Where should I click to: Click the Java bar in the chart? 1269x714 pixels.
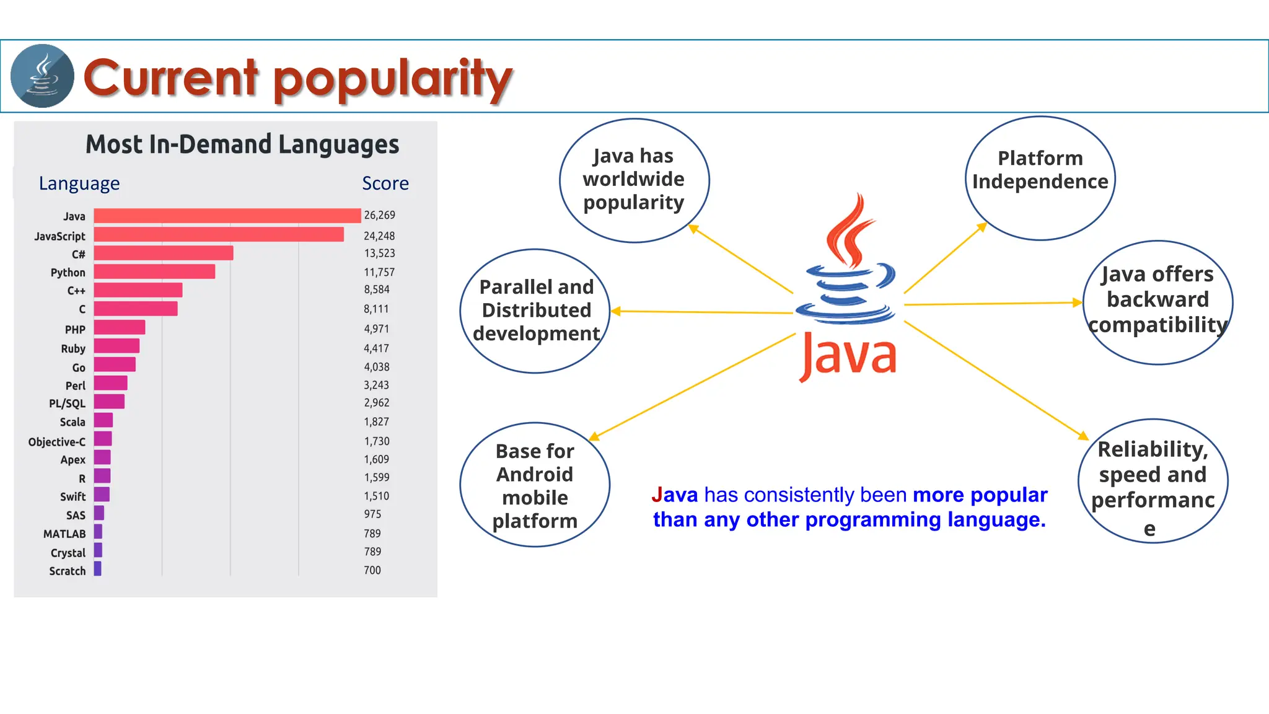point(227,216)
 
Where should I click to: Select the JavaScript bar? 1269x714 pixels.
point(218,234)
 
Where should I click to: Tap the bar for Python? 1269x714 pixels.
point(154,271)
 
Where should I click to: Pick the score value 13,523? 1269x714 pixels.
point(379,253)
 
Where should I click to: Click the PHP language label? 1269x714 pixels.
point(75,330)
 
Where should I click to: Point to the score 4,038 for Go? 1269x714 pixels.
point(376,367)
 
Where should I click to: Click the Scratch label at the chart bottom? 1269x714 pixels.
point(68,571)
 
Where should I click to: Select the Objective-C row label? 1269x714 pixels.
point(56,442)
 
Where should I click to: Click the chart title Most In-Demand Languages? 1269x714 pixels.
point(242,144)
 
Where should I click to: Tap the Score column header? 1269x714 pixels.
point(385,183)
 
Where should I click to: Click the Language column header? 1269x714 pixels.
point(79,183)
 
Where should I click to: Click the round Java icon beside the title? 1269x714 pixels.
point(42,76)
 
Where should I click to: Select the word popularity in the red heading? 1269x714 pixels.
point(393,79)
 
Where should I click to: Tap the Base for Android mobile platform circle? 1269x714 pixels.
point(535,485)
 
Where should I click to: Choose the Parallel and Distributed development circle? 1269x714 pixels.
point(536,310)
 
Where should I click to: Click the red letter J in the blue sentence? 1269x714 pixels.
point(657,495)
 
